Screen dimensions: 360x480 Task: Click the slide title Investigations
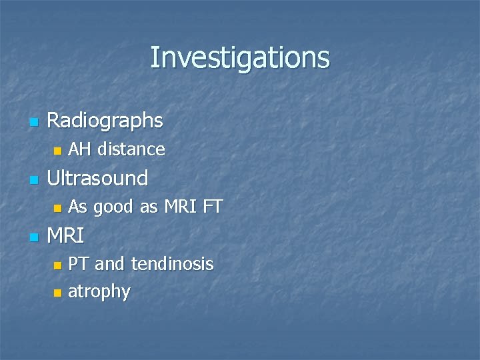(239, 57)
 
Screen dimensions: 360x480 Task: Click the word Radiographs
(105, 121)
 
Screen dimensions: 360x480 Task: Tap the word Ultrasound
(97, 178)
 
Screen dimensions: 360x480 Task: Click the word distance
(131, 149)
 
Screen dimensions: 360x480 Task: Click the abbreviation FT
(211, 207)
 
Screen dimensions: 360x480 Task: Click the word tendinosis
(173, 265)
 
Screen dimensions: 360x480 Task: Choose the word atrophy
(99, 291)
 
